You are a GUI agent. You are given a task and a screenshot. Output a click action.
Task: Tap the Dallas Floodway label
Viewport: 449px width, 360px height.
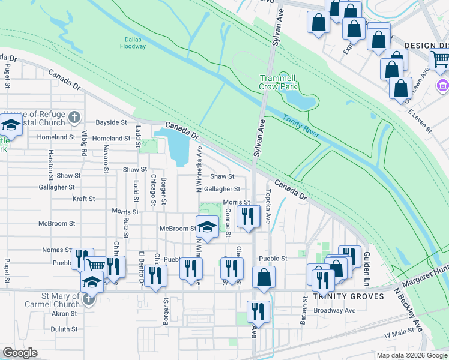tap(133, 43)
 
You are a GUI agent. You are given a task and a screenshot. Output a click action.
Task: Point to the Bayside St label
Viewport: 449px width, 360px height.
tap(112, 122)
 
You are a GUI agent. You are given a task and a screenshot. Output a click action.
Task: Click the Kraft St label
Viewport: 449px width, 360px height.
tap(83, 199)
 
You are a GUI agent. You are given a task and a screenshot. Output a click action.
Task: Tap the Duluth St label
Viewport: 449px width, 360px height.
tap(64, 329)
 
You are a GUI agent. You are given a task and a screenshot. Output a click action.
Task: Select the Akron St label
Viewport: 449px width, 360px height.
tap(64, 313)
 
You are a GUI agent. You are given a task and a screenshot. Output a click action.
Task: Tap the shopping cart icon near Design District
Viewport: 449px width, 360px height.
tap(440, 59)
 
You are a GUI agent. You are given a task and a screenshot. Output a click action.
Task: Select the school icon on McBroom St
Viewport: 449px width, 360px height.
tap(207, 226)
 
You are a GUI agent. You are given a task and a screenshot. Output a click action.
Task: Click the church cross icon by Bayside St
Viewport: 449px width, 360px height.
tap(74, 116)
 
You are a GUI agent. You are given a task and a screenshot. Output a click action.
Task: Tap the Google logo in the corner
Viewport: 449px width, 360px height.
tap(20, 353)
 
